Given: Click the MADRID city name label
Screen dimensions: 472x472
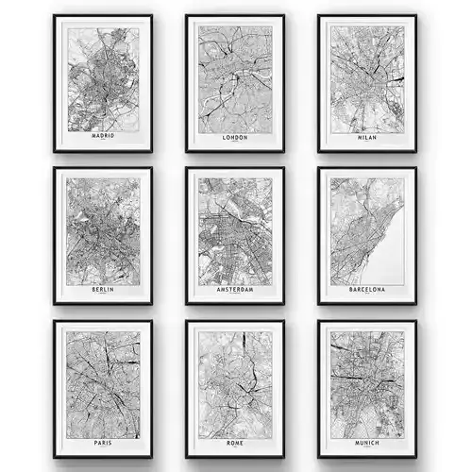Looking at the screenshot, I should pyautogui.click(x=103, y=136).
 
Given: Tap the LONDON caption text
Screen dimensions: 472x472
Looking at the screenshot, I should pyautogui.click(x=235, y=136).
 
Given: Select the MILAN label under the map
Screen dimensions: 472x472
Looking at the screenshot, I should pyautogui.click(x=367, y=136).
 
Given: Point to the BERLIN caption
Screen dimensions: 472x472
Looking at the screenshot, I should pyautogui.click(x=103, y=290).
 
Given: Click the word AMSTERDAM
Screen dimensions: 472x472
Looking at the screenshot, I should pyautogui.click(x=235, y=290).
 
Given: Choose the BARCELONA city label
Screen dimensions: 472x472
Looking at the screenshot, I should pyautogui.click(x=367, y=290).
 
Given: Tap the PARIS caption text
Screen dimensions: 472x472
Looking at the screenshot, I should pyautogui.click(x=103, y=444).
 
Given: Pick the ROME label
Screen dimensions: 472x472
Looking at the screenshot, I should pyautogui.click(x=235, y=444).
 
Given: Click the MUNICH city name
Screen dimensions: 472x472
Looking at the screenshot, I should pyautogui.click(x=367, y=444).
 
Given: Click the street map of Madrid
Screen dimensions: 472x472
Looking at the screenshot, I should pyautogui.click(x=103, y=79).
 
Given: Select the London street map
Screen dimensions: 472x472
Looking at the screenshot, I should pyautogui.click(x=235, y=79).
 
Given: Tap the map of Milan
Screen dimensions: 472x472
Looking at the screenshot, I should pyautogui.click(x=367, y=79).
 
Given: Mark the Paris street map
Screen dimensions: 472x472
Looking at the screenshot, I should pyautogui.click(x=103, y=385).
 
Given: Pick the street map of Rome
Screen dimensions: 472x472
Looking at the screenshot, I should pyautogui.click(x=235, y=385).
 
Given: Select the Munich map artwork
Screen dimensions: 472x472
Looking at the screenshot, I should pyautogui.click(x=367, y=385).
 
